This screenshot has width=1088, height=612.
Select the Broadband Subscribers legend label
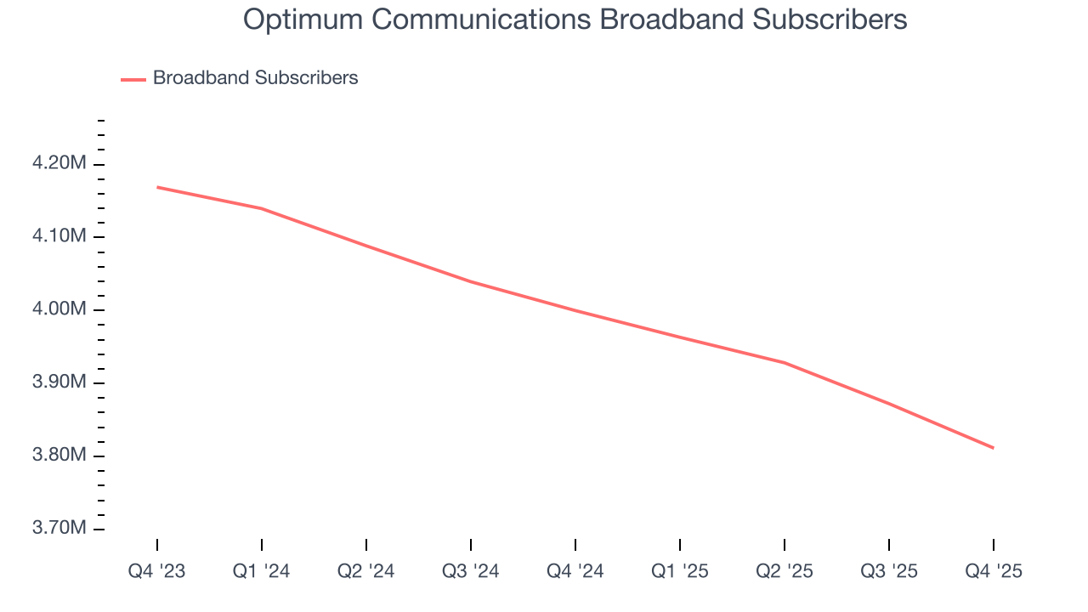click(255, 78)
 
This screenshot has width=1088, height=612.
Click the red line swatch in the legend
click(133, 79)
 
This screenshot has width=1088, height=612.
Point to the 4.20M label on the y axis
click(59, 163)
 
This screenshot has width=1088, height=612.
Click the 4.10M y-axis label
click(59, 236)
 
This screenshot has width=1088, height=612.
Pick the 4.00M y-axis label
click(59, 309)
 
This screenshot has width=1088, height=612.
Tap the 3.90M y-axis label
click(59, 382)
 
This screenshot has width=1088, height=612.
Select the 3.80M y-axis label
click(59, 456)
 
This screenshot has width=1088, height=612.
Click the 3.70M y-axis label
click(59, 529)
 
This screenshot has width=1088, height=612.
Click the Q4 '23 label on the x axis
click(157, 571)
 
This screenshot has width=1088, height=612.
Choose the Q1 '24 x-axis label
click(262, 571)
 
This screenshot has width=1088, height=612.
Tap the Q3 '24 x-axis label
click(471, 571)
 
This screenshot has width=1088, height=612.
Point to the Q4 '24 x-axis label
click(575, 571)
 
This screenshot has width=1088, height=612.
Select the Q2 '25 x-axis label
click(785, 571)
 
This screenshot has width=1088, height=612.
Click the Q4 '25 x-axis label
click(994, 571)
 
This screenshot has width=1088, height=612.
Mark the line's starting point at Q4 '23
click(157, 187)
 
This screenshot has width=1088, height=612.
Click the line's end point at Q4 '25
click(994, 448)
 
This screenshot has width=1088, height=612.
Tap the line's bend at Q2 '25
click(785, 363)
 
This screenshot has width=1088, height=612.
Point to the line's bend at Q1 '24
click(262, 208)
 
